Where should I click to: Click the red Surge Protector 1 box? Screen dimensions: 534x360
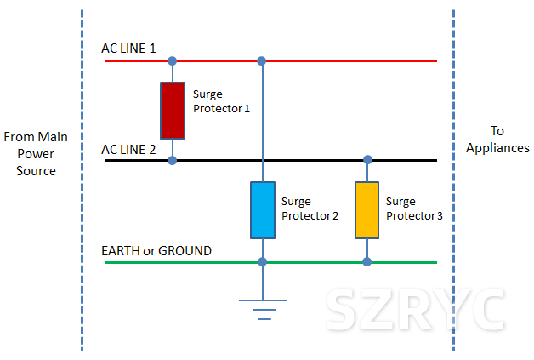(173, 111)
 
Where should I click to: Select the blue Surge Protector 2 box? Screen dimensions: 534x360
(263, 210)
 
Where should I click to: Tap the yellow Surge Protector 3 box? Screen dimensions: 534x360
(366, 210)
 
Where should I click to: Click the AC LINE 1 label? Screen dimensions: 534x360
(128, 49)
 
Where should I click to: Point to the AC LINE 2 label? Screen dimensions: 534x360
(128, 150)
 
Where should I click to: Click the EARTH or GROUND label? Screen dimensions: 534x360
(156, 251)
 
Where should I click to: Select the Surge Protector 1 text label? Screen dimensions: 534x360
(221, 101)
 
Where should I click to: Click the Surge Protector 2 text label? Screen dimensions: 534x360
(310, 209)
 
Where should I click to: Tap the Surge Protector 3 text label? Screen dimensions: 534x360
(414, 209)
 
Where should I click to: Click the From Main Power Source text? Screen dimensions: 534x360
(36, 154)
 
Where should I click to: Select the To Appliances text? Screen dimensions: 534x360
(497, 140)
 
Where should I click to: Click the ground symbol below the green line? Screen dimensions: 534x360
(263, 310)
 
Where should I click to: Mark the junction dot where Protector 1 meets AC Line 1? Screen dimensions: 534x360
(173, 61)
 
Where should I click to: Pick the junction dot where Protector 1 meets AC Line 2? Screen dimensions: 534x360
(173, 160)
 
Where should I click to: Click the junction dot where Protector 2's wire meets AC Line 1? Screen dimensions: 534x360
(262, 61)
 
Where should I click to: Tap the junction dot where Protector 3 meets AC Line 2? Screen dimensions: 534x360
(368, 159)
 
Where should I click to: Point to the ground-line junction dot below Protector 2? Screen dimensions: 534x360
(262, 262)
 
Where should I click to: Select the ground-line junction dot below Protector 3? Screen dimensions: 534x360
(366, 262)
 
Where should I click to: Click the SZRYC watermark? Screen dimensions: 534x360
(415, 310)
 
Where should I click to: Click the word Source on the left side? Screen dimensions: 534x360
(36, 171)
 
